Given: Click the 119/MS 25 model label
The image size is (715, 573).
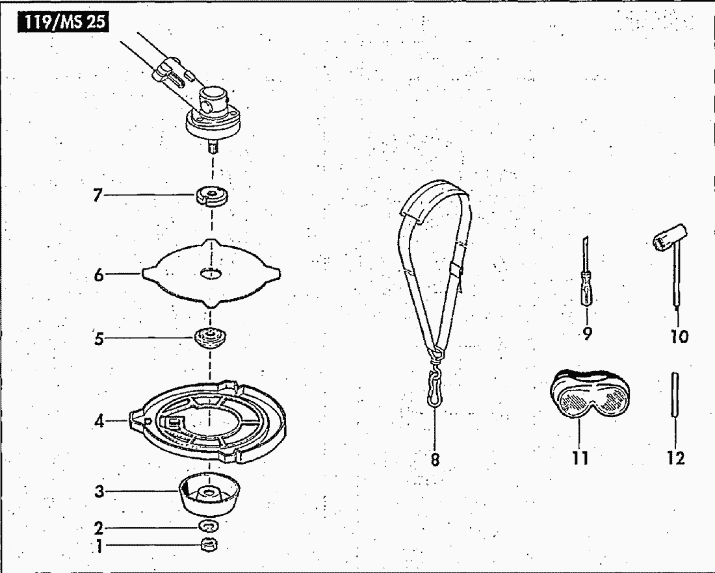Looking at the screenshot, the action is click(64, 23).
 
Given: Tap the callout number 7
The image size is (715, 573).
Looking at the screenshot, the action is click(97, 196).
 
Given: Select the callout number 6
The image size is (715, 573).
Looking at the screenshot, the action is click(99, 275).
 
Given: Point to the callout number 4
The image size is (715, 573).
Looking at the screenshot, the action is click(99, 421).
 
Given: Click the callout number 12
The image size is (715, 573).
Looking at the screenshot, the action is click(676, 457).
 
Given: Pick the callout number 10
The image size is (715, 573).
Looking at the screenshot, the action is click(679, 337).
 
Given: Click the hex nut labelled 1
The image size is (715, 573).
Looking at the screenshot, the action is click(209, 544).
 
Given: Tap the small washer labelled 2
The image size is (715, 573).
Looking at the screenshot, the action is click(209, 526).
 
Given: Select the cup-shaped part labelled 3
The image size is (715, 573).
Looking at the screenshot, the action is click(209, 496).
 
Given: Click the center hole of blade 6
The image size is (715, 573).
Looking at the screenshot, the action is click(211, 273).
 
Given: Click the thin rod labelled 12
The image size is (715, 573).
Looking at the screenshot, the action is click(674, 395).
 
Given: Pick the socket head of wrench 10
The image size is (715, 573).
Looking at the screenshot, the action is click(668, 237).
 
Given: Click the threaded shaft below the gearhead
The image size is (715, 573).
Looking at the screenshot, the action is click(213, 146).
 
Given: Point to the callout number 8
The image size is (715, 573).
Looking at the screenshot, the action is click(435, 459).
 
